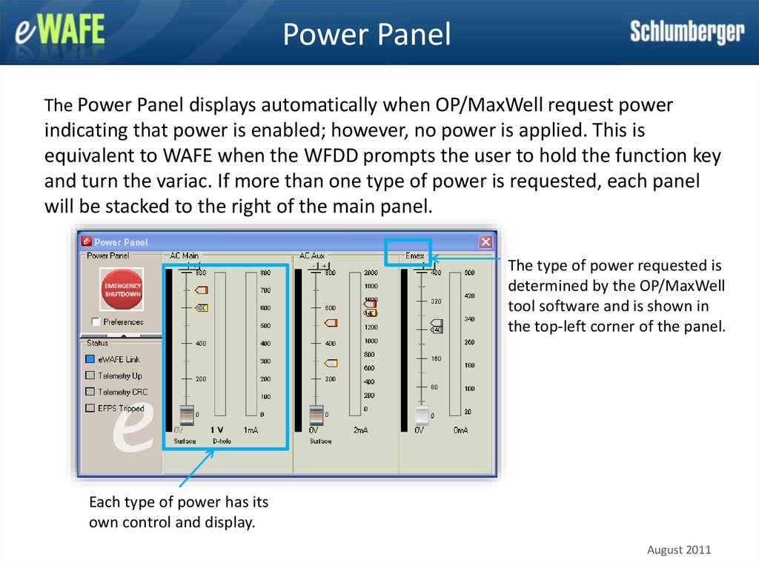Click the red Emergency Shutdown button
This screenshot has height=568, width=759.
(x=122, y=290)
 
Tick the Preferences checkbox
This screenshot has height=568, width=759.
(x=95, y=322)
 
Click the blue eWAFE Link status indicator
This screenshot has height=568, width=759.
(x=90, y=359)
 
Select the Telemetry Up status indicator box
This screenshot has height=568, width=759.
(x=90, y=375)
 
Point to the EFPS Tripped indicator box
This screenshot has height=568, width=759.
(x=90, y=408)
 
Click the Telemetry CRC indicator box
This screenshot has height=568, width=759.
(x=90, y=392)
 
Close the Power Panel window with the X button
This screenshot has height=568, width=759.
(x=485, y=241)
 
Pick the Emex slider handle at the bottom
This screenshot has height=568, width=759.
(x=422, y=415)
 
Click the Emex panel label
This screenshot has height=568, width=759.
(x=414, y=256)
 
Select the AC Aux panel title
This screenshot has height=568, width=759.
(x=312, y=256)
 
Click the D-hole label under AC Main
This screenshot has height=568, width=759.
(x=222, y=441)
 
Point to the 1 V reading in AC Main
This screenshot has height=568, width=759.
(x=216, y=430)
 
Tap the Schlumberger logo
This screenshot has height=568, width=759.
(x=687, y=33)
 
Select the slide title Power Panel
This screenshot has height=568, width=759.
(x=366, y=34)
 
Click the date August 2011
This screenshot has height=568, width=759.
(x=679, y=549)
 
